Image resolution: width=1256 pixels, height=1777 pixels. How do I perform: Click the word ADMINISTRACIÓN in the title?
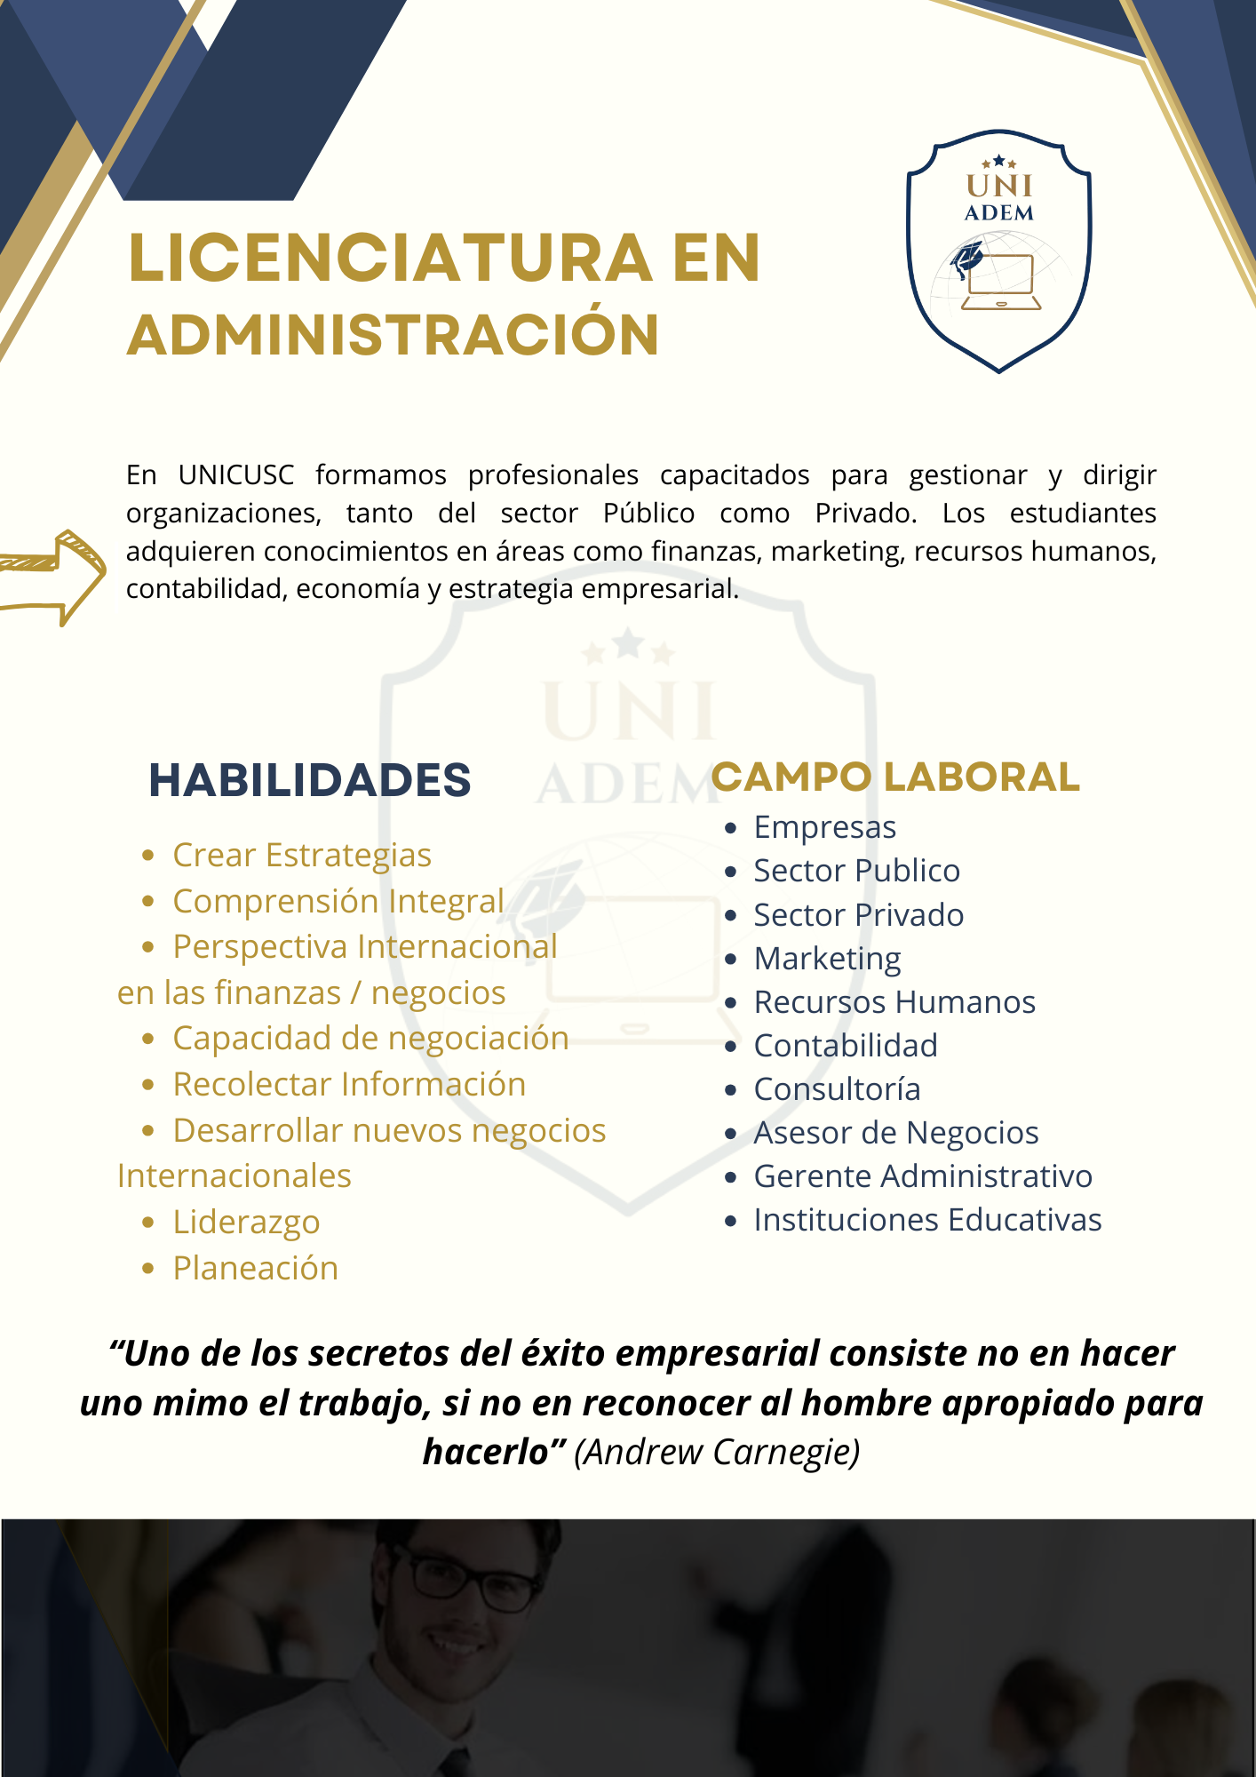point(393,336)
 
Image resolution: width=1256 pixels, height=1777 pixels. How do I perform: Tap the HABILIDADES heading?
point(309,780)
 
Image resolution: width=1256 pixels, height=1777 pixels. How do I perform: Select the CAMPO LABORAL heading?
point(895,777)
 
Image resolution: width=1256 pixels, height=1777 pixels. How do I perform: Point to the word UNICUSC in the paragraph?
point(236,475)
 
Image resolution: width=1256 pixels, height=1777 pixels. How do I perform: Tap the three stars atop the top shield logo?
point(999,162)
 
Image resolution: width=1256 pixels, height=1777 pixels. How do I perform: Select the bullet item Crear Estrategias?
point(302,855)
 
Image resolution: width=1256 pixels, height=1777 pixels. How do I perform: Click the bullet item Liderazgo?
point(246,1222)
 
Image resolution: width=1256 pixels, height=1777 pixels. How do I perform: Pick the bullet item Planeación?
point(256,1268)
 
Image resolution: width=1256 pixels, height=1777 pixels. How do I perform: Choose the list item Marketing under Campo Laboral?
point(827,959)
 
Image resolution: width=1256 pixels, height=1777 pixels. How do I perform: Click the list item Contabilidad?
point(846,1046)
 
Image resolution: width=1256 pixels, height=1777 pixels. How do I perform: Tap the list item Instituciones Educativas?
point(927,1220)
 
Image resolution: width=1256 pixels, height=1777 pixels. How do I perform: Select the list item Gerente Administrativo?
point(923,1176)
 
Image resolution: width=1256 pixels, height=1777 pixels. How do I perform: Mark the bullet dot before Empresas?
point(731,828)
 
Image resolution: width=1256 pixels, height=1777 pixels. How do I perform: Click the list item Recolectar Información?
point(349,1085)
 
